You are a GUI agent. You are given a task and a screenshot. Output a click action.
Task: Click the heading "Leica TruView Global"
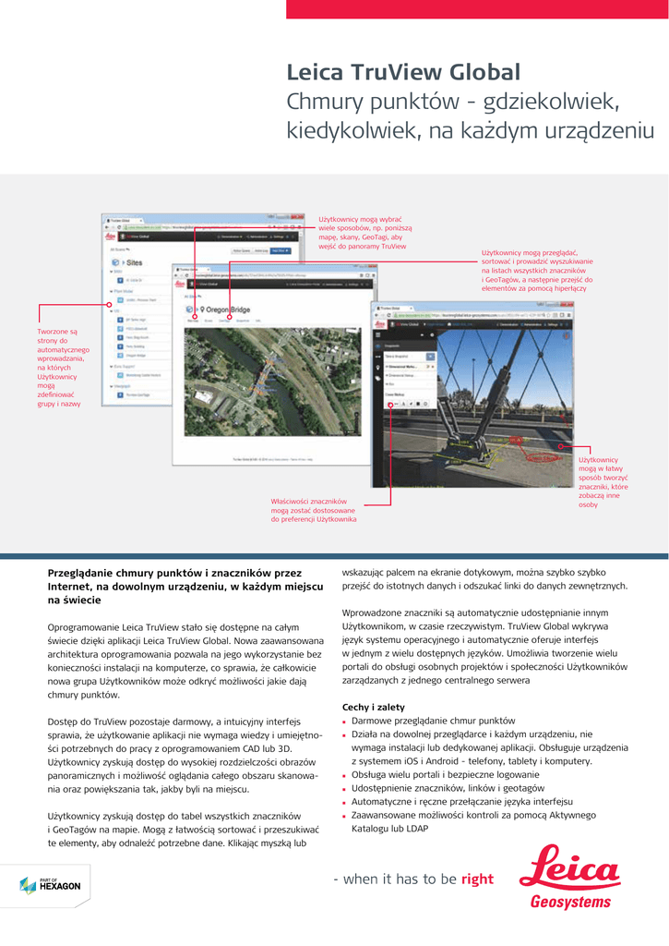(403, 72)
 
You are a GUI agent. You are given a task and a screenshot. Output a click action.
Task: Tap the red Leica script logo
(569, 867)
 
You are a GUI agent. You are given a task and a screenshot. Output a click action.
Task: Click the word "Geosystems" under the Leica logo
(570, 902)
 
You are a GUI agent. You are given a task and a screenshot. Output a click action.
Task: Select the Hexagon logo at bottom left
(50, 885)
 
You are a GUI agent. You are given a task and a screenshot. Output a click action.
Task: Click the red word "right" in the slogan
(477, 879)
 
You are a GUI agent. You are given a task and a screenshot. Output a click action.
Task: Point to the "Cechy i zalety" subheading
(373, 708)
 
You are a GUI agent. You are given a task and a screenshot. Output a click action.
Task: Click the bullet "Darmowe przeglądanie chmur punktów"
(433, 721)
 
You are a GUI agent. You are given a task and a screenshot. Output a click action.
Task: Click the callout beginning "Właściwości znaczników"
(313, 510)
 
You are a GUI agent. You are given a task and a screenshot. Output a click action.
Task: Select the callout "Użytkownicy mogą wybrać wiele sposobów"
(365, 233)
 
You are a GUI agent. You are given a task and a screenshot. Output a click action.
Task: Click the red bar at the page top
(477, 9)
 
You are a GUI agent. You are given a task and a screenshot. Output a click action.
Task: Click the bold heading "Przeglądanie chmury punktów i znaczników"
(185, 586)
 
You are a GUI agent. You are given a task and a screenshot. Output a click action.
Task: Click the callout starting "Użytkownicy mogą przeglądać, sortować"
(537, 270)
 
